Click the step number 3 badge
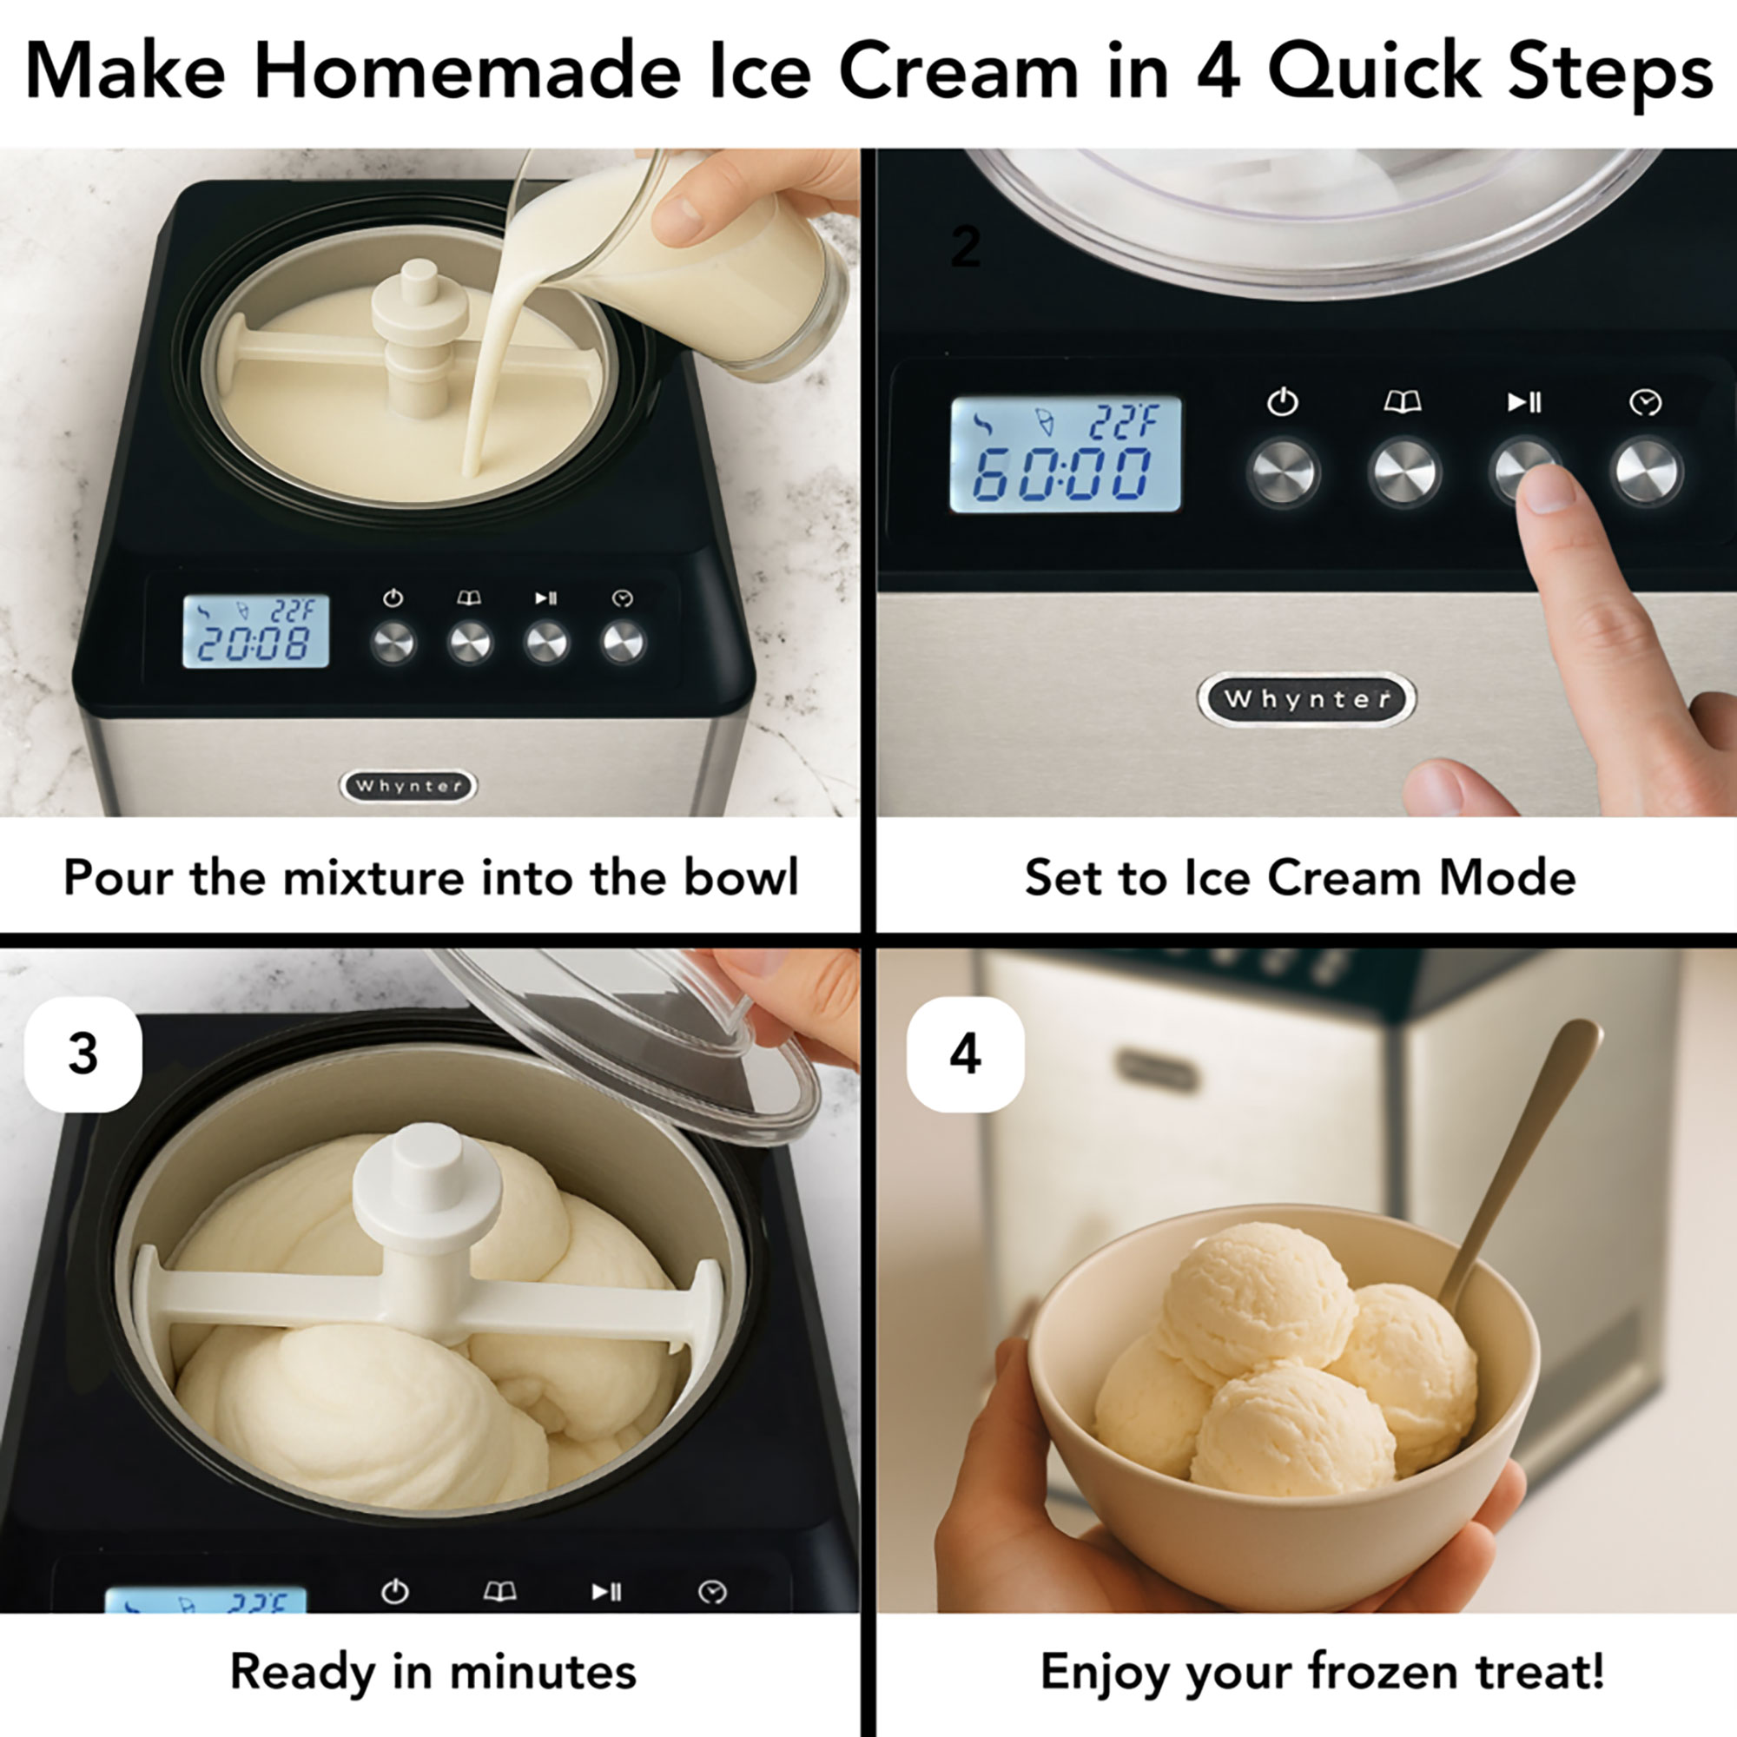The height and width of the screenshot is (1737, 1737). [x=83, y=1053]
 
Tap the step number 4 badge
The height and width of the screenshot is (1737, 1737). [x=966, y=1053]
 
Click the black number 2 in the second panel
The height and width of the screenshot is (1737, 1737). [x=966, y=248]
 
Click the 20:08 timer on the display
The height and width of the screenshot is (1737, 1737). [x=254, y=644]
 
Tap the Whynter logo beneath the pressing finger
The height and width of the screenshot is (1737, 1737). [x=1306, y=698]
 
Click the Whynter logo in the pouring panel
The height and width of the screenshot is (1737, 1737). [x=408, y=786]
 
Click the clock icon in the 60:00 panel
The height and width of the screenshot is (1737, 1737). [x=1645, y=403]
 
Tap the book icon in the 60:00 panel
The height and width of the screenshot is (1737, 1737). [x=1403, y=402]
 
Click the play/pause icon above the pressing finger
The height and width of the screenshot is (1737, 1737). [x=1524, y=401]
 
